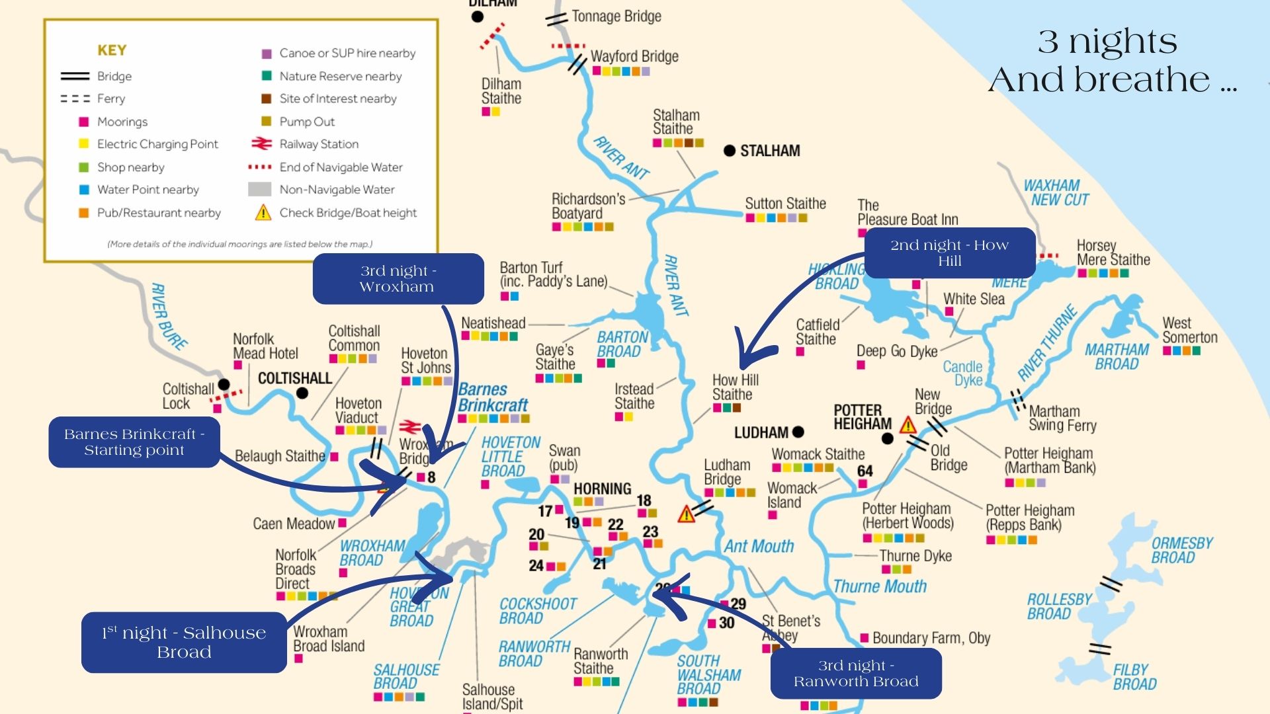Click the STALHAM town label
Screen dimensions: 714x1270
pos(769,151)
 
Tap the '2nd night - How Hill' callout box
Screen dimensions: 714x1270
pos(949,253)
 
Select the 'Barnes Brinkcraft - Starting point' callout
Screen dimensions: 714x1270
pos(134,442)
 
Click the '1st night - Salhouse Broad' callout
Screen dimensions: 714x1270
pos(184,642)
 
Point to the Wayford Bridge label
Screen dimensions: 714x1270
pos(634,56)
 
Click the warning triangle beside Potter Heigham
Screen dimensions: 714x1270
pos(908,425)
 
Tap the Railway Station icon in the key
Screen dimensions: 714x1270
pos(262,143)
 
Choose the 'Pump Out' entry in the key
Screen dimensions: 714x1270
pos(306,122)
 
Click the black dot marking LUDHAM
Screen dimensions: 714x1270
pos(798,432)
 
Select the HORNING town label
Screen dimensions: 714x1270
pos(602,489)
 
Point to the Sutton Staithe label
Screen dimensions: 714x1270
pos(785,204)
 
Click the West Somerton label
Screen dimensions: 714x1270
pos(1189,330)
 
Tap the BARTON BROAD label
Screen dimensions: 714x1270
pos(622,344)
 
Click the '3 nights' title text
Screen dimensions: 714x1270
pos(1108,41)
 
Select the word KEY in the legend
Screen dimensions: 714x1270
pos(112,50)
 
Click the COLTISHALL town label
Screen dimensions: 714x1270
pos(294,378)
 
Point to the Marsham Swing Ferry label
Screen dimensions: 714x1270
pos(1062,418)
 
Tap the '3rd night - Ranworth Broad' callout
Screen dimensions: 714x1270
pos(856,673)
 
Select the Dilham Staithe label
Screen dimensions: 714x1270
pos(501,91)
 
